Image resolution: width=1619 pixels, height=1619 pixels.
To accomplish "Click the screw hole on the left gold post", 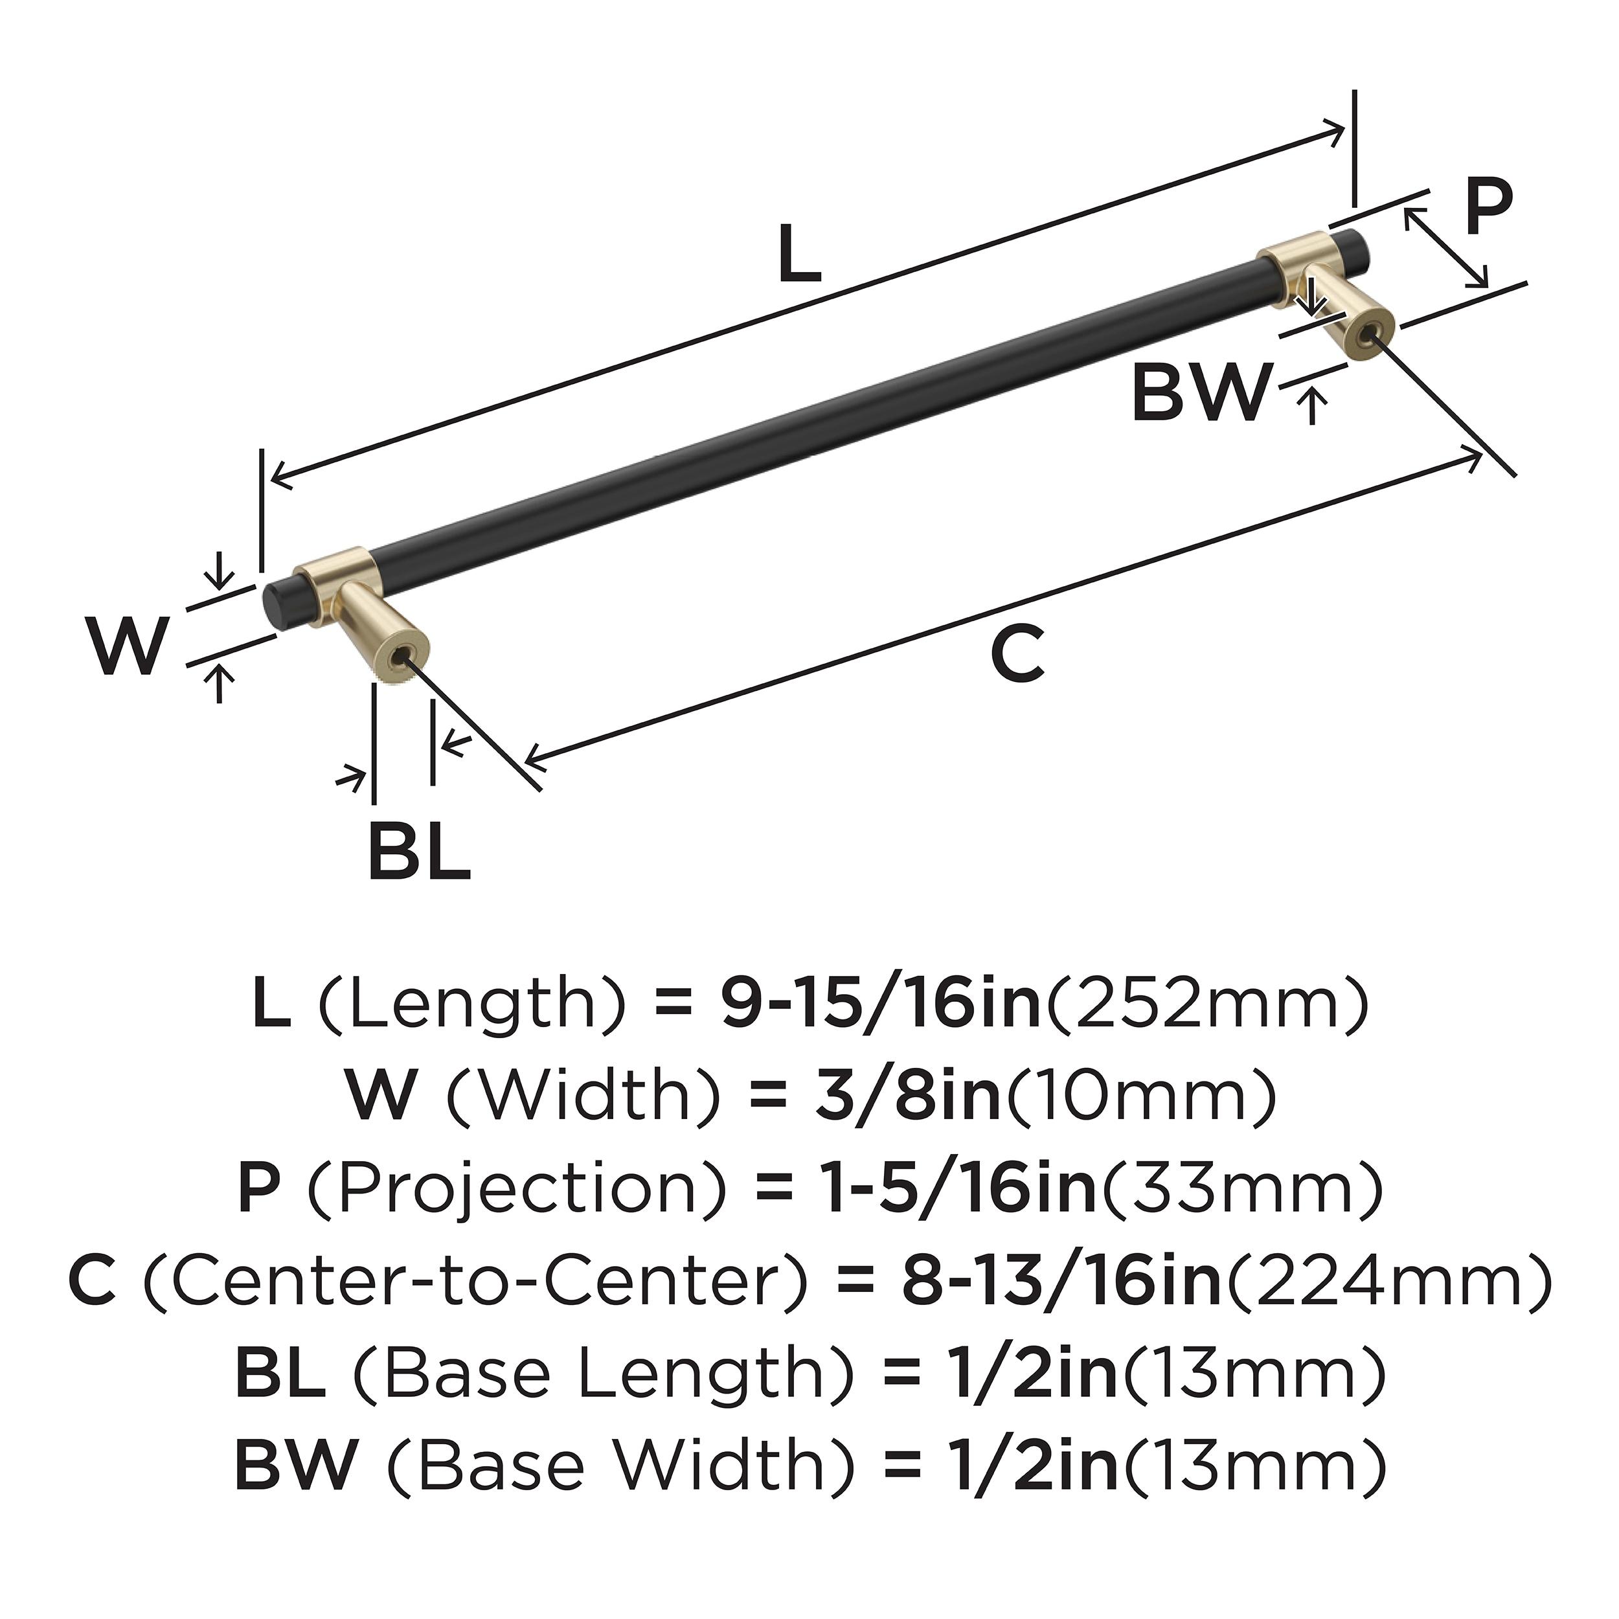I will tap(407, 659).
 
